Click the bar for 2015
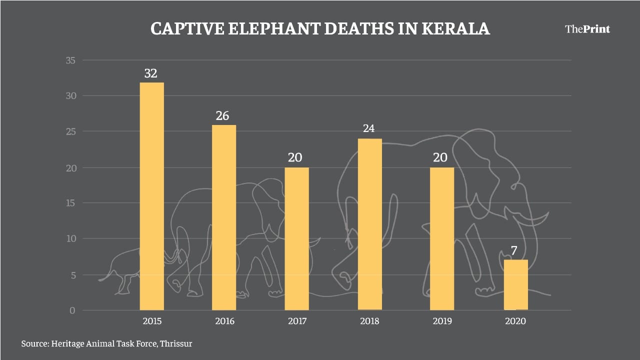(x=151, y=196)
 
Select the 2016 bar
(x=224, y=217)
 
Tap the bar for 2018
(x=369, y=224)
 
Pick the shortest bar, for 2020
(x=515, y=284)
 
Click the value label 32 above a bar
(x=150, y=73)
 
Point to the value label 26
(x=222, y=116)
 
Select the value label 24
(x=368, y=129)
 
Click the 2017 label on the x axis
(x=297, y=321)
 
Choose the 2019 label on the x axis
(x=442, y=321)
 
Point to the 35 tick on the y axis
(x=70, y=60)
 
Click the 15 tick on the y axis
(x=70, y=203)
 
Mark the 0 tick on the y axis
(x=72, y=310)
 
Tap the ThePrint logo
(x=587, y=29)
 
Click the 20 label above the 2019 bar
(x=441, y=158)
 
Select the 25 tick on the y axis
(x=70, y=131)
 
